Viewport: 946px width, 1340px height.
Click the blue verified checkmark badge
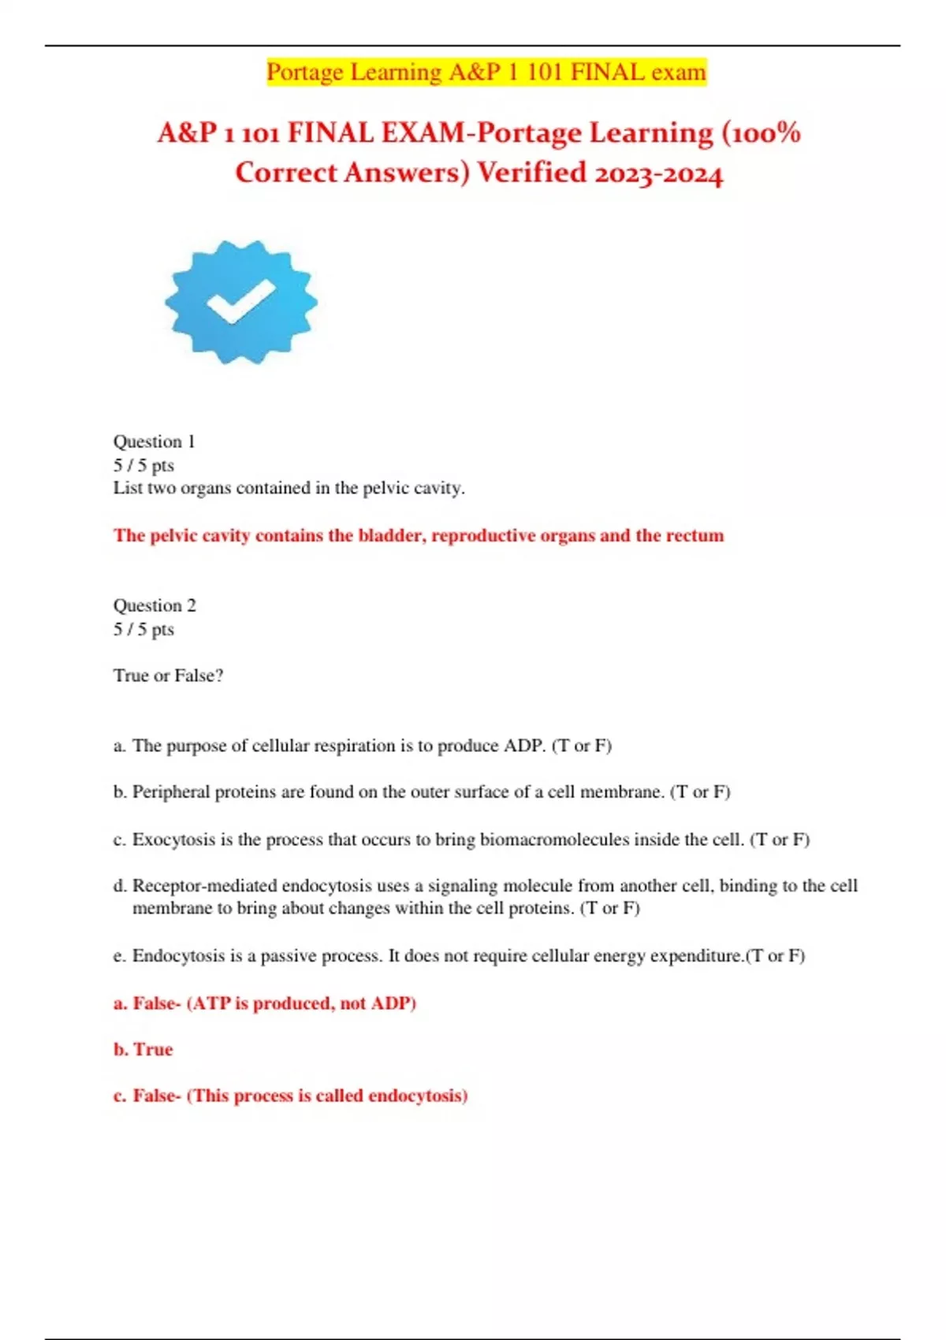[x=240, y=302]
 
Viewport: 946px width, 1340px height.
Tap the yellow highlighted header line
[x=486, y=72]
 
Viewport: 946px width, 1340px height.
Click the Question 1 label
[x=154, y=441]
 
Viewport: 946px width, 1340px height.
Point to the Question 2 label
[x=155, y=605]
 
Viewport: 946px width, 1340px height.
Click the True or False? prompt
[x=168, y=676]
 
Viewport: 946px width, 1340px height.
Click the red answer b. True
[x=143, y=1049]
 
